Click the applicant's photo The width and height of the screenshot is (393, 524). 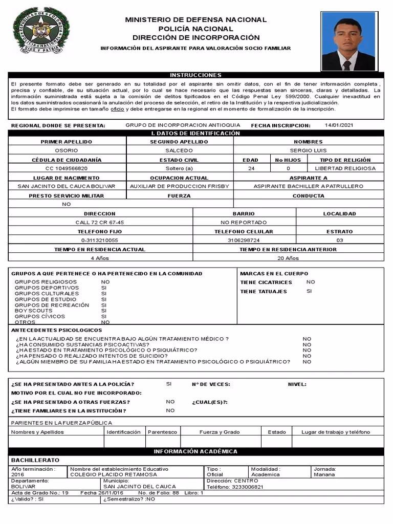coord(348,41)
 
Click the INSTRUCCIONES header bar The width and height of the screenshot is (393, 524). coord(196,75)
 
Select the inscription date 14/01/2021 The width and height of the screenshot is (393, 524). coord(339,125)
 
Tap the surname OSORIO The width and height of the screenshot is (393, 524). coord(67,151)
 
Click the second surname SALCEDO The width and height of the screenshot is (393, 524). coord(179,151)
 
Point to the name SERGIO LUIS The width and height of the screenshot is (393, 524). coord(308,151)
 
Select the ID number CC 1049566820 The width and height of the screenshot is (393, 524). coord(67,168)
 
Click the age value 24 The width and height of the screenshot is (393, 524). coord(251,168)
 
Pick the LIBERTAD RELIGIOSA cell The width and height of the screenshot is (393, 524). coord(345,168)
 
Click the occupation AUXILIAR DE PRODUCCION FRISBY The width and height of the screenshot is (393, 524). coord(180,186)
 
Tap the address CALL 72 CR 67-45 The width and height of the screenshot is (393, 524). coord(100,223)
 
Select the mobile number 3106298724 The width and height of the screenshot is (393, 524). coord(244,240)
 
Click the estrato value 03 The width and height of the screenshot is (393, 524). coord(340,240)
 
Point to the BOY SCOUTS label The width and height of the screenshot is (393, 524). coord(33,311)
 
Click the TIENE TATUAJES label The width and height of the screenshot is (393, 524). coord(264,292)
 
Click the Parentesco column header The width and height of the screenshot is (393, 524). coord(163,432)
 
